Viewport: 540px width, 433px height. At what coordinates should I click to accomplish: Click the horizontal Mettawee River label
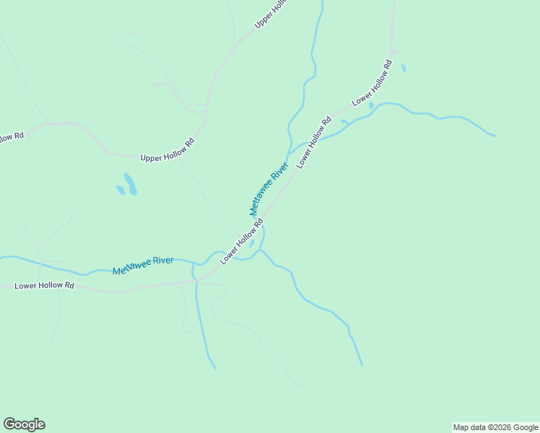click(143, 265)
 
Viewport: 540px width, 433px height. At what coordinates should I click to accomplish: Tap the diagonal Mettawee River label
click(269, 188)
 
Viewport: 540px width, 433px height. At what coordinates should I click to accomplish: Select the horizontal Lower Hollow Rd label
click(45, 286)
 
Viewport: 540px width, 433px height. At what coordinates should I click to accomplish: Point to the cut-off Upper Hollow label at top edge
click(271, 14)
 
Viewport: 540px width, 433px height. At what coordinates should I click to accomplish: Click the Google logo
click(24, 424)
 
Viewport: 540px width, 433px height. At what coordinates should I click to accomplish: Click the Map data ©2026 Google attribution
click(495, 427)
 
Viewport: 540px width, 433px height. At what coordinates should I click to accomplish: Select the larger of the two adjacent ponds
click(130, 183)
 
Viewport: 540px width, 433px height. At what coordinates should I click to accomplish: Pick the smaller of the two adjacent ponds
click(121, 190)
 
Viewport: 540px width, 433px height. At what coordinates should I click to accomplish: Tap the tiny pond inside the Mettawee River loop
click(251, 244)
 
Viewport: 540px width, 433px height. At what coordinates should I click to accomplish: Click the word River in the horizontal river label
click(162, 261)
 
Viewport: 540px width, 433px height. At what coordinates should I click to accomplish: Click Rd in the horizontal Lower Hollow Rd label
click(70, 286)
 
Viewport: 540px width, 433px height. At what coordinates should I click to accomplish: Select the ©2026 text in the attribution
click(500, 427)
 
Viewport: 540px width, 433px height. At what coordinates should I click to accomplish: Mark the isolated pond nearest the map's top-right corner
click(404, 68)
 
